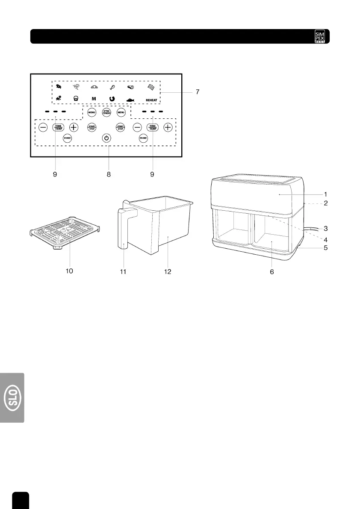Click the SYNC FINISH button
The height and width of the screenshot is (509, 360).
[x=106, y=113]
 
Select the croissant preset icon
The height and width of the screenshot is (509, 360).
[x=94, y=87]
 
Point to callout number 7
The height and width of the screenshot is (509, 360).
[x=198, y=92]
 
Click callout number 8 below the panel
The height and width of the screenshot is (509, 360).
[x=109, y=174]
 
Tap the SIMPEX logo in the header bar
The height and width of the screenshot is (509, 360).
[x=320, y=36]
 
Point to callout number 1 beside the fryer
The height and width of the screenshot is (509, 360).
[x=326, y=194]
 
